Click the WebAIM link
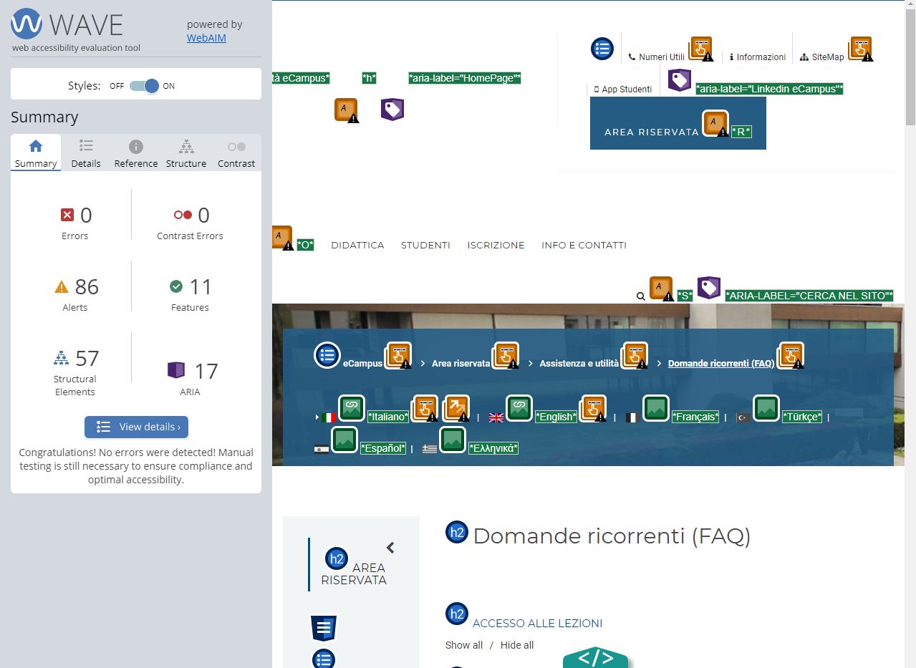click(206, 38)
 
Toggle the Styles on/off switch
click(145, 86)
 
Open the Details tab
click(86, 154)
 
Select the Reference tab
click(136, 154)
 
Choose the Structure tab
click(186, 154)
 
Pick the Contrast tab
click(236, 154)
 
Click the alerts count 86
click(87, 287)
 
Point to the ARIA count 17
click(206, 371)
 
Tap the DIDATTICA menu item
click(357, 246)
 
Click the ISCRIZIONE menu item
click(496, 246)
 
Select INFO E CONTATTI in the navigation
click(584, 246)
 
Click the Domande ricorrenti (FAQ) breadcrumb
click(721, 364)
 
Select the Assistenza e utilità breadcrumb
click(579, 364)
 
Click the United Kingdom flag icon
click(496, 417)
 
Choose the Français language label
click(695, 417)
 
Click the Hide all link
click(517, 645)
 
